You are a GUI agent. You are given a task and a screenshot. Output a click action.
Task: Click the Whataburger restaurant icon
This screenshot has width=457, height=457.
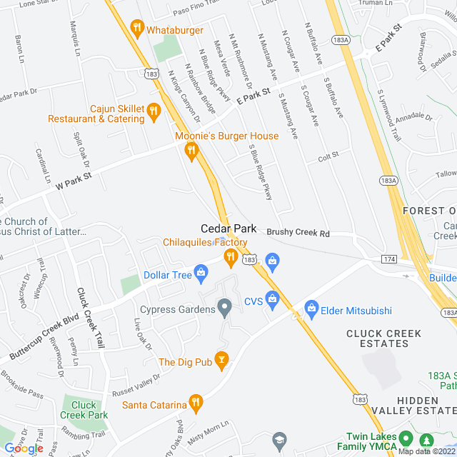tap(137, 29)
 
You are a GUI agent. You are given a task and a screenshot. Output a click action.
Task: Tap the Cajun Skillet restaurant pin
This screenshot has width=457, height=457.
tap(154, 111)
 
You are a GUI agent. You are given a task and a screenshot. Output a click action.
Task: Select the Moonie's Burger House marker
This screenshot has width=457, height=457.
tap(191, 150)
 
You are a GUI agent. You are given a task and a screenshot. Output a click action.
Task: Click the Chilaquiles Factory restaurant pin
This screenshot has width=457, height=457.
tap(230, 256)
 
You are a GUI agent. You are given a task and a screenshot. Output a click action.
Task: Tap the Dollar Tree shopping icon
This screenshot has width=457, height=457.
tap(201, 272)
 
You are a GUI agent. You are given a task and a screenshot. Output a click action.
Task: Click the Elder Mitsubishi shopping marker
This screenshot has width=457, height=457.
tap(311, 308)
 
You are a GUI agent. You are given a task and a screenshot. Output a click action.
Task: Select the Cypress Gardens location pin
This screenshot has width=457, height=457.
tap(225, 309)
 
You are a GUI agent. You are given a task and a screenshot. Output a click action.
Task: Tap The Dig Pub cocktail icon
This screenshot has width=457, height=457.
tap(221, 361)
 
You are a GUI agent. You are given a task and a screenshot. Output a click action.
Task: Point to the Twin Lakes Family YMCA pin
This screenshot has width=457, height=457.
tap(406, 438)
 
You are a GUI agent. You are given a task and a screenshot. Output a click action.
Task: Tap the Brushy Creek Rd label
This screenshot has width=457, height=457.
tap(298, 233)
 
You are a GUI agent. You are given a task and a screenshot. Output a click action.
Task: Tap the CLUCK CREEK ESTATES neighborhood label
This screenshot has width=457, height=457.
tap(383, 338)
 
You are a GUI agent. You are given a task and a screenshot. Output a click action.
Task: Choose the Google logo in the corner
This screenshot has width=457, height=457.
tap(23, 448)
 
